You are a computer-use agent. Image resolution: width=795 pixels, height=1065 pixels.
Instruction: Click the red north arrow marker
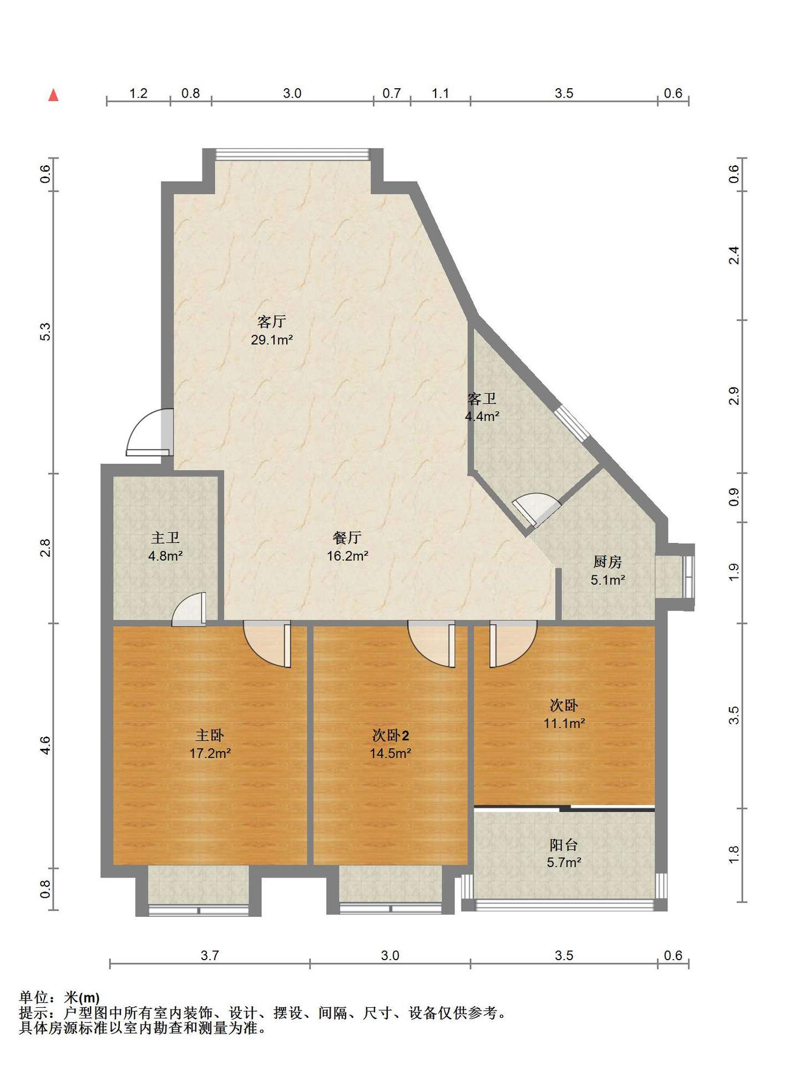(54, 95)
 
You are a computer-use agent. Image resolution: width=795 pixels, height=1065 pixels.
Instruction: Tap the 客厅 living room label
(272, 322)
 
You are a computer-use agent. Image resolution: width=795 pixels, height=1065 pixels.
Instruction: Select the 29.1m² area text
(272, 340)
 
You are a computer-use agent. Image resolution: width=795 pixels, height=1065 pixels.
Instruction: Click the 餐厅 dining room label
(347, 537)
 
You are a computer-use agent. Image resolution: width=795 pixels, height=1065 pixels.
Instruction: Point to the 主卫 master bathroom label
(165, 538)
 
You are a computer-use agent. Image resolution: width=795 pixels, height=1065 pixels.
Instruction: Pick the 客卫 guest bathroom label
(482, 399)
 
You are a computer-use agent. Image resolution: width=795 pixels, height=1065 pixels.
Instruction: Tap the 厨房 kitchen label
(607, 562)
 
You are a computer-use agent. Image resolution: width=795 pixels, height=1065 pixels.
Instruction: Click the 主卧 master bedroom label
(210, 736)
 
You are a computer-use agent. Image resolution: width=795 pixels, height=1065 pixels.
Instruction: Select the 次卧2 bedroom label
(391, 736)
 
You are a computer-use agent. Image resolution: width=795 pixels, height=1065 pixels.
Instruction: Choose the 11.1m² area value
(564, 723)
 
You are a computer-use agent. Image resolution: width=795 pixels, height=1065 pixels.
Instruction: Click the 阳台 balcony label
(564, 845)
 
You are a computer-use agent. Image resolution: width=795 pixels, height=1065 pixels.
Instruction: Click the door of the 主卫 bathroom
(189, 609)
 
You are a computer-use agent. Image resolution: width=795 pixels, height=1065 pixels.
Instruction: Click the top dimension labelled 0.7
(392, 93)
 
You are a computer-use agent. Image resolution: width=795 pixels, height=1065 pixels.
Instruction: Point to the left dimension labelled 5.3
(46, 332)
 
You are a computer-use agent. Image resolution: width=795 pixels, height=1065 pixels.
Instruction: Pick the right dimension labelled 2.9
(734, 396)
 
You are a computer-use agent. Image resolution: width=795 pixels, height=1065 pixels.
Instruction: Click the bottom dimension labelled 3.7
(210, 955)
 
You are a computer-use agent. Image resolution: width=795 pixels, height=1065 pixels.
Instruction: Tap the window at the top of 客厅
(292, 154)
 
